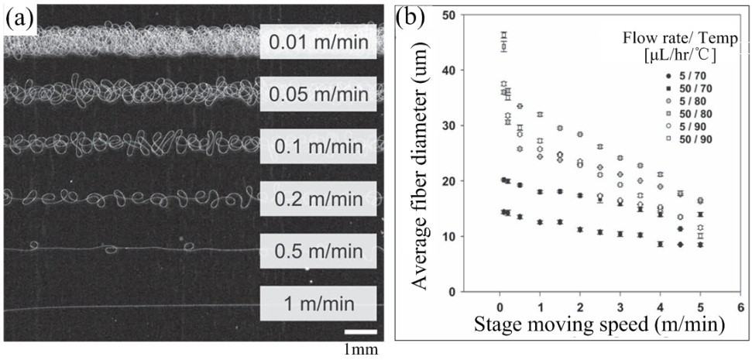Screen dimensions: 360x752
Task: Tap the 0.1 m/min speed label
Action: tap(318, 146)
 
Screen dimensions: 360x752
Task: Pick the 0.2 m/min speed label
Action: tap(318, 198)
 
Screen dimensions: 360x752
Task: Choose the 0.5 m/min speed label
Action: tap(318, 251)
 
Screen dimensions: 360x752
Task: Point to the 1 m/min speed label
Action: tap(318, 303)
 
